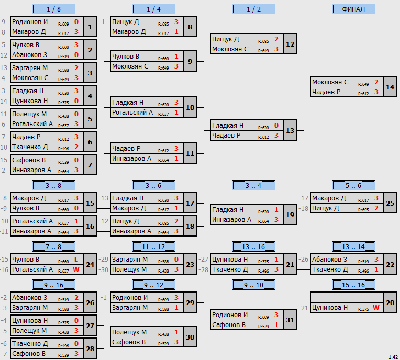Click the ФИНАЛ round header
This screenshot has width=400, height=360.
[x=353, y=9]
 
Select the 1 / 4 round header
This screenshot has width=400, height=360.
[x=153, y=9]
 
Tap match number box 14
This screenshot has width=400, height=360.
[x=390, y=87]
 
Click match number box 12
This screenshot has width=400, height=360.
[x=290, y=44]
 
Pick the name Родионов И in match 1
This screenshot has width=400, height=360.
[x=30, y=22]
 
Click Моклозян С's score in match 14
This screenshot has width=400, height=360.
[x=376, y=82]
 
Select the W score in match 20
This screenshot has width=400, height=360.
[x=376, y=308]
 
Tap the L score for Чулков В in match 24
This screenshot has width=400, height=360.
[x=76, y=260]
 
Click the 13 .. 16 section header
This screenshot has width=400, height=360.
[x=253, y=247]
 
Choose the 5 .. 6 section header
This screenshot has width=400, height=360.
[x=353, y=186]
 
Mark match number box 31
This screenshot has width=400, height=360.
[x=290, y=320]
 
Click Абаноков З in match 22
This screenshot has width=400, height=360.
[x=330, y=260]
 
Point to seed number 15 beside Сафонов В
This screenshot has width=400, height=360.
[x=4, y=160]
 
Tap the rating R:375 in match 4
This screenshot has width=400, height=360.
[x=63, y=103]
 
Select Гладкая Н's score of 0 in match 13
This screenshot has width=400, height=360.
[x=276, y=126]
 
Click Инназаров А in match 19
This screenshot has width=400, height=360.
[x=231, y=220]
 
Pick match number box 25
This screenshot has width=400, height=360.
[x=390, y=203]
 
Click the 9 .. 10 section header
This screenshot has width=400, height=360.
[x=253, y=285]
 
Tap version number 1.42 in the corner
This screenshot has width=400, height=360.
[x=393, y=357]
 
